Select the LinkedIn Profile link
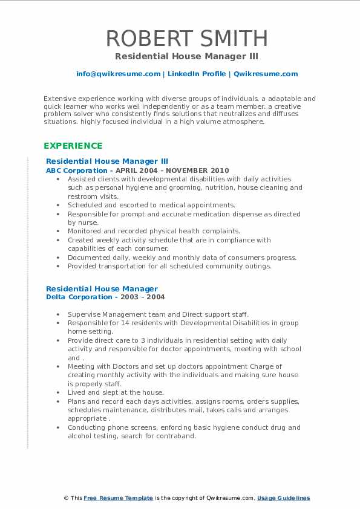196,74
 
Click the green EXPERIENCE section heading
73,146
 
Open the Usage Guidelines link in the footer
283,498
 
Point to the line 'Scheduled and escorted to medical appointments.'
151,205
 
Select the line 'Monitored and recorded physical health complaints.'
154,231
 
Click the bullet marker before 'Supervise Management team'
57,314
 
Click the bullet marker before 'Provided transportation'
57,266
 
